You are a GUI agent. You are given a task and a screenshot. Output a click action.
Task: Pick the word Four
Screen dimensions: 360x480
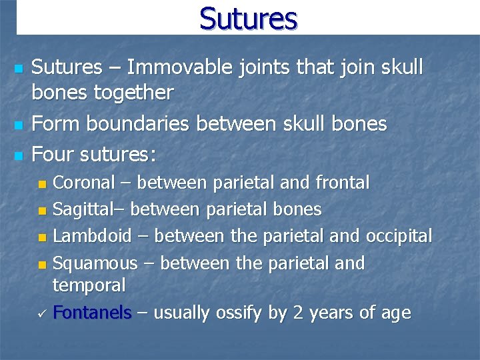(x=53, y=155)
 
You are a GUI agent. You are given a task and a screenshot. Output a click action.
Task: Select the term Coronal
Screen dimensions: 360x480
(x=83, y=182)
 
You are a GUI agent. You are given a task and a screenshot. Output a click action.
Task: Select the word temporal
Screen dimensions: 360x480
(x=89, y=285)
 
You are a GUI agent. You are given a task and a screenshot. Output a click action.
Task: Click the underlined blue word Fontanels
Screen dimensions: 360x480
(x=92, y=313)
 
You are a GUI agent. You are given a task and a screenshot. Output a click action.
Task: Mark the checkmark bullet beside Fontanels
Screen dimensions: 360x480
(x=42, y=313)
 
